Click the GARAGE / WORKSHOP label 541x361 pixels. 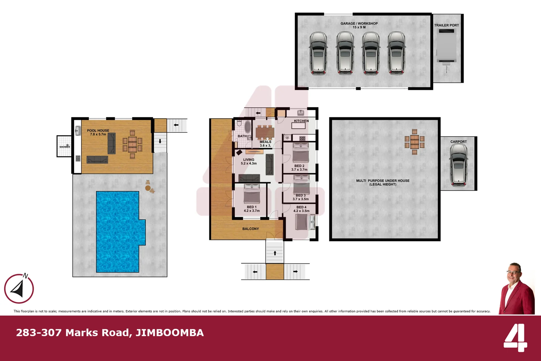tap(359, 24)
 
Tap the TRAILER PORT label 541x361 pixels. tap(446, 25)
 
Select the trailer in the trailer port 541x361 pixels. tap(446, 47)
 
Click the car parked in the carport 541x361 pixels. tap(458, 165)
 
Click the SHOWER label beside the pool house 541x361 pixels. tap(65, 147)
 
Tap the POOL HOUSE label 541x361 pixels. tap(98, 131)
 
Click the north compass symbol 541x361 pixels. tap(19, 288)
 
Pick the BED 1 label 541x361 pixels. tap(252, 207)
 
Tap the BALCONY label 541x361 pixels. tap(250, 229)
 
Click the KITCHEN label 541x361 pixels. tap(301, 121)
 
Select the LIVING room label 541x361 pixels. tap(249, 160)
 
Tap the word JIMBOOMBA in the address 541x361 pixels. tap(170, 333)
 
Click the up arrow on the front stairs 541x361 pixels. tap(275, 253)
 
